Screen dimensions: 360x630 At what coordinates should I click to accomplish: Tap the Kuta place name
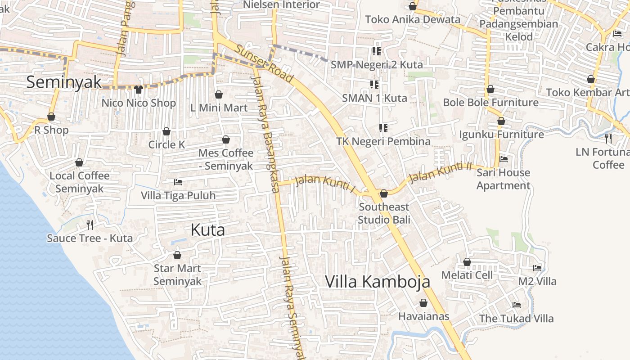[x=207, y=230]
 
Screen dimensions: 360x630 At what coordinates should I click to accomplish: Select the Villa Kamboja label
[x=378, y=282]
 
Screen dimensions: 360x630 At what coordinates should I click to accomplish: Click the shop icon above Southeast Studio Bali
[x=384, y=193]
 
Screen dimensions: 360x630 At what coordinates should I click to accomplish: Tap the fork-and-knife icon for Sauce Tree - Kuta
[x=90, y=225]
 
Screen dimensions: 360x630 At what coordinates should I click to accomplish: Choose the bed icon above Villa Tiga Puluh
[x=178, y=182]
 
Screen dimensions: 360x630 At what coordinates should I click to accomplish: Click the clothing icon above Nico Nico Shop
[x=138, y=90]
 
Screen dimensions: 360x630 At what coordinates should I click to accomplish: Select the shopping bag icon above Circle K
[x=166, y=131]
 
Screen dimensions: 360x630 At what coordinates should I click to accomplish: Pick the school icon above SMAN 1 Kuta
[x=374, y=84]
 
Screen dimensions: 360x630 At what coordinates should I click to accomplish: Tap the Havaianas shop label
[x=423, y=316]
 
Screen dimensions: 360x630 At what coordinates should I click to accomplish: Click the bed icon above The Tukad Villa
[x=516, y=305]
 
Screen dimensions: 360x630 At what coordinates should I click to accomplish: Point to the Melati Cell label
[x=467, y=275]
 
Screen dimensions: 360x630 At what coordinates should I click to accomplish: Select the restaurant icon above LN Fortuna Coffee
[x=608, y=138]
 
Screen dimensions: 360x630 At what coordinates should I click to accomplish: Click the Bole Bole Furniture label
[x=490, y=103]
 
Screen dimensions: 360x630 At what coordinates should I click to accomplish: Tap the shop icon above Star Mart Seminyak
[x=177, y=255]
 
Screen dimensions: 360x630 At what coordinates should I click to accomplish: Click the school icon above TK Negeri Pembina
[x=383, y=128]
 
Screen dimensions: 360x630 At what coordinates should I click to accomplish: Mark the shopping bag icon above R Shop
[x=51, y=117]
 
